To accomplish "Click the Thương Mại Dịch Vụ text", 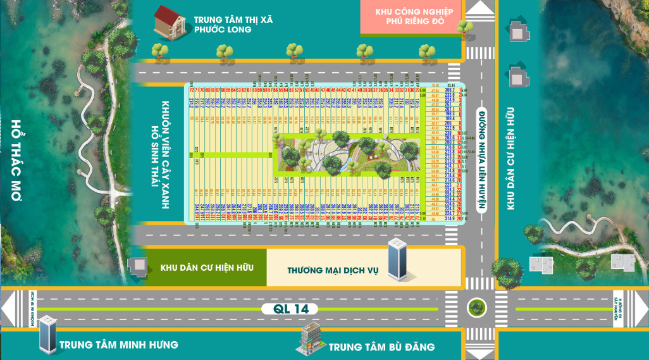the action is click(x=333, y=270).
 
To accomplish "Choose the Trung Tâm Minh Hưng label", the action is click(x=118, y=345).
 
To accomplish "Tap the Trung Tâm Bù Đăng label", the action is click(x=381, y=347).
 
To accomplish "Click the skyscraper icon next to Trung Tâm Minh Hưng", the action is click(x=47, y=335).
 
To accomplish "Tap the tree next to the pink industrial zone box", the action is click(x=465, y=28).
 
